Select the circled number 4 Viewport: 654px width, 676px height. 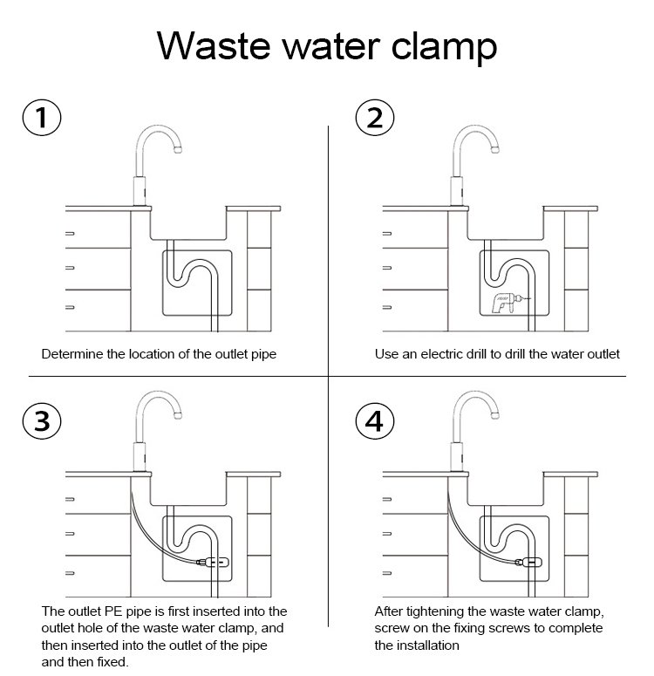(x=375, y=421)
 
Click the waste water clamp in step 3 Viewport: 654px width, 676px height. (x=214, y=563)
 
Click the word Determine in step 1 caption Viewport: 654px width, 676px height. (x=75, y=354)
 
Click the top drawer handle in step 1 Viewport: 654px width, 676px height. (x=70, y=234)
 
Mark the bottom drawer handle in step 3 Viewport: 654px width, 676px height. (x=70, y=571)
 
